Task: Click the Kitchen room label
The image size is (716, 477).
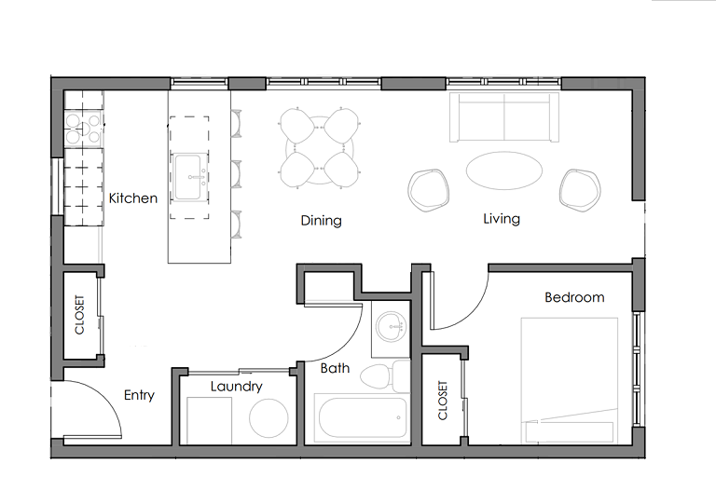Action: coord(133,198)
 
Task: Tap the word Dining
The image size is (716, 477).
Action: coord(321,221)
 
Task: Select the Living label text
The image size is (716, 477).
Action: coord(502,219)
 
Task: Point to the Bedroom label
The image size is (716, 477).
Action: coord(574,297)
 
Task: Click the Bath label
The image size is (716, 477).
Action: coord(335,368)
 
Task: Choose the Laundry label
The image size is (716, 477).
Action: coord(236,387)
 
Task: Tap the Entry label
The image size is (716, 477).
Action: coord(139,395)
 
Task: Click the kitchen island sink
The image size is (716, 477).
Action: coord(188,177)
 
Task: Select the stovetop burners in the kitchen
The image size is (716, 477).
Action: coord(83,129)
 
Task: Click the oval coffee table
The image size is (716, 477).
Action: coord(503,170)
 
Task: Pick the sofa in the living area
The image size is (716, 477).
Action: coord(504,117)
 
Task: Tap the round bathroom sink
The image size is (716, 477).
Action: coord(391,327)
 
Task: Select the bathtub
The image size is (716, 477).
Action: coord(363,417)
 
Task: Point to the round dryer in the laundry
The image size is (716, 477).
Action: coord(268,418)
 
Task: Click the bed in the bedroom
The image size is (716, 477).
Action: coord(570,380)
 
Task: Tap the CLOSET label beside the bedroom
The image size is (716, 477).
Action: coord(443,401)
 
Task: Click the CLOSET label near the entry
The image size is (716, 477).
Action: coord(79,315)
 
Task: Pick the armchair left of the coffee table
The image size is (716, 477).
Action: coord(428,191)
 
